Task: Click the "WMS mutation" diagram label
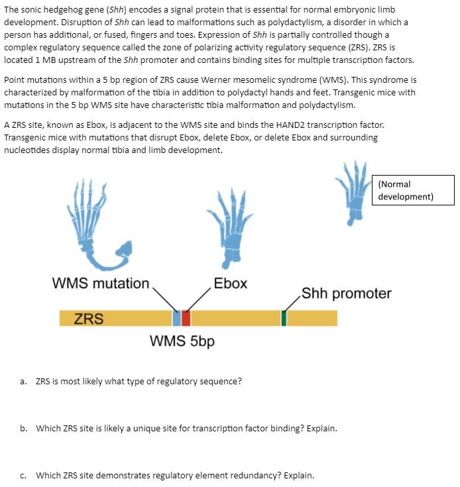tap(101, 284)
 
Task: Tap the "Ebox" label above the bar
tap(231, 284)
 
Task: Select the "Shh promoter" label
tap(346, 293)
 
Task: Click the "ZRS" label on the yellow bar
tap(88, 319)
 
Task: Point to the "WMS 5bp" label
tap(182, 341)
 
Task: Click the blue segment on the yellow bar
tap(176, 318)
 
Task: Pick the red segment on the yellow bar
tap(186, 318)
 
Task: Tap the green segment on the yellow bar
tap(284, 318)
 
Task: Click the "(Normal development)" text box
tap(416, 190)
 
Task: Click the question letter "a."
tap(23, 382)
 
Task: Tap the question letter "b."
tap(23, 428)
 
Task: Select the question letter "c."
tap(23, 475)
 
